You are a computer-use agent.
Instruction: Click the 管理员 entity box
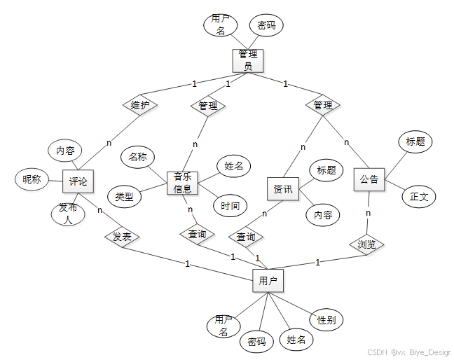pos(247,60)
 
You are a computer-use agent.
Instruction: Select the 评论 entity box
pos(78,181)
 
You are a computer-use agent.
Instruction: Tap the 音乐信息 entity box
pos(183,183)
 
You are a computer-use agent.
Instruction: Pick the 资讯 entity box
pos(283,188)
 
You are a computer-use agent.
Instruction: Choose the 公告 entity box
pos(369,179)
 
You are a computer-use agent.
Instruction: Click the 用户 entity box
pos(268,282)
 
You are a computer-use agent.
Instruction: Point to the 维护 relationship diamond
pos(140,106)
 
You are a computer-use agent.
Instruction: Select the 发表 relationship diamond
pos(122,237)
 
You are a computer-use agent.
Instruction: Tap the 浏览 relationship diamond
pos(367,244)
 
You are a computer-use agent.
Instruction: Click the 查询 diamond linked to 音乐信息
pos(198,234)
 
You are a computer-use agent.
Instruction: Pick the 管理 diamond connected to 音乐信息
pos(208,106)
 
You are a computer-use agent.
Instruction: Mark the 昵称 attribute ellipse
pos(32,179)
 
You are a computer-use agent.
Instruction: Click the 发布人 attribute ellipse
pos(68,214)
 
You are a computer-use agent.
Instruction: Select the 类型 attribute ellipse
pos(124,197)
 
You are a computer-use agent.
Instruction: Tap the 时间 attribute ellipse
pos(230,205)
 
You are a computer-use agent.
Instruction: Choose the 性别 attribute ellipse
pos(326,320)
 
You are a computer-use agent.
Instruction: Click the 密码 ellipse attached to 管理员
pos(266,25)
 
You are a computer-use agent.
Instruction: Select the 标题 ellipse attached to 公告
pos(415,141)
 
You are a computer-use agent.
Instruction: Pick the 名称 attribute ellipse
pos(137,157)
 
